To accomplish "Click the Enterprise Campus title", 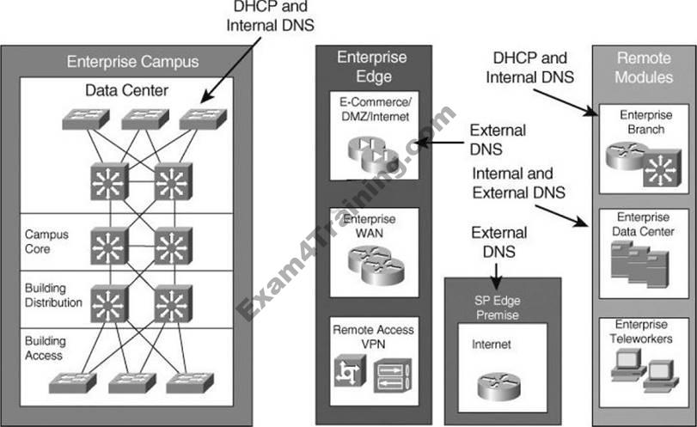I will pyautogui.click(x=132, y=62).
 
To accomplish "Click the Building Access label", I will pyautogui.click(x=46, y=348).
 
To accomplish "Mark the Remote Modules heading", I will pyautogui.click(x=644, y=66).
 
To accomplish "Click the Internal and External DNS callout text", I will pyautogui.click(x=518, y=183).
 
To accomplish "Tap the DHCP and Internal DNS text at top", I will pyautogui.click(x=270, y=16).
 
